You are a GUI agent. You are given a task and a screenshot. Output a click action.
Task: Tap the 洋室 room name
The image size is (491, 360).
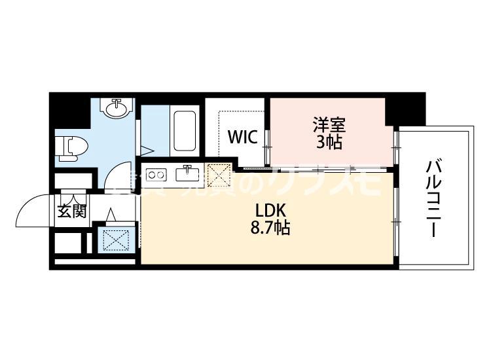click(328, 124)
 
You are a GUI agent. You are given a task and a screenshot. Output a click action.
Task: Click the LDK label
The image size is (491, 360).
click(268, 211)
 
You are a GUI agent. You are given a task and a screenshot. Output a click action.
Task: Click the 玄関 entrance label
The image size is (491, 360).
click(71, 211)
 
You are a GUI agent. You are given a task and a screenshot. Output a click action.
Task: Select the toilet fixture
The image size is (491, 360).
click(67, 147)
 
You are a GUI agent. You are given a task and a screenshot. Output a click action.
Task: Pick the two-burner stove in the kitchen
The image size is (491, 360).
click(156, 175)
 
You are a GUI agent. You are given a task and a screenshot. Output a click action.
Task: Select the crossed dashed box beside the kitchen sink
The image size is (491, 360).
click(217, 175)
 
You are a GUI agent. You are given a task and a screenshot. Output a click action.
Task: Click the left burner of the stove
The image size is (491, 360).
click(151, 175)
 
